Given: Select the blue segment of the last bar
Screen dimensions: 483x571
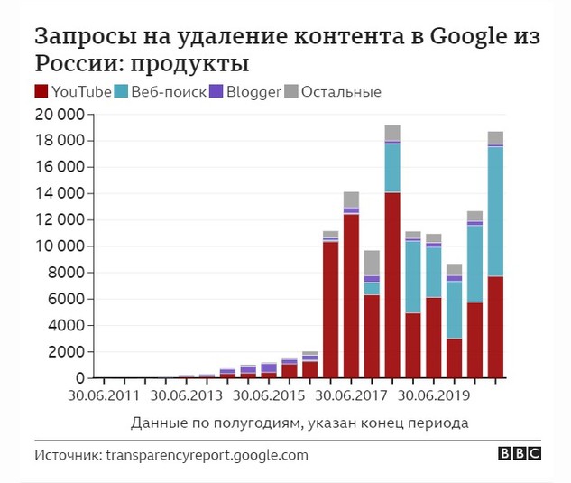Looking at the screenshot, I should [495, 211].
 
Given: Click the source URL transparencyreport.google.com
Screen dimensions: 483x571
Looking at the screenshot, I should [207, 456].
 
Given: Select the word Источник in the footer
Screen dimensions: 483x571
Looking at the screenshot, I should [68, 456].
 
